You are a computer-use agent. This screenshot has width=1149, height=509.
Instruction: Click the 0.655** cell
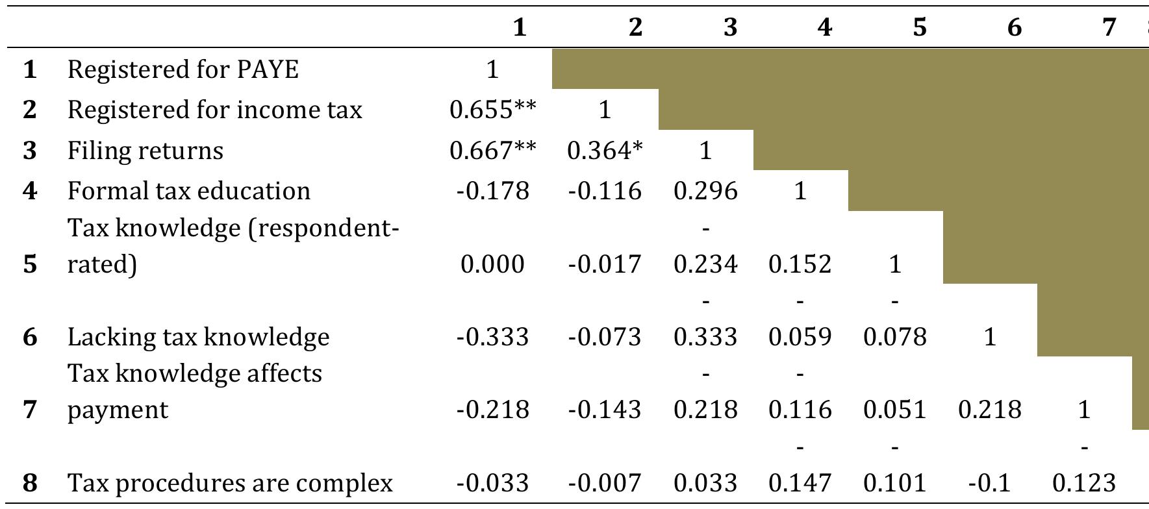493,110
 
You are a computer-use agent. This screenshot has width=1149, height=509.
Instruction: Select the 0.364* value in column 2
605,151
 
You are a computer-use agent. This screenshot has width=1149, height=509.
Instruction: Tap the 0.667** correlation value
493,151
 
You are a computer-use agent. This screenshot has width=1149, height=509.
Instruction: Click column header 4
824,27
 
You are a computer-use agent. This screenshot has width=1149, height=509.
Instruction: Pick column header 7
1109,27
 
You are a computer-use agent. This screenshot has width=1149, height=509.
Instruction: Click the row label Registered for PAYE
183,69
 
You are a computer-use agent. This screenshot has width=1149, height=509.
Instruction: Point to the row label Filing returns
145,151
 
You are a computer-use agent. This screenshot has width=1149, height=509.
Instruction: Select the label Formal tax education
189,191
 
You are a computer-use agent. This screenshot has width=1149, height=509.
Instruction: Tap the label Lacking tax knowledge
198,337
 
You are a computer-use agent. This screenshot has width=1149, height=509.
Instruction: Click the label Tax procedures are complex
230,483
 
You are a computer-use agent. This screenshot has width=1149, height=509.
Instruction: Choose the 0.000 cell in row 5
492,264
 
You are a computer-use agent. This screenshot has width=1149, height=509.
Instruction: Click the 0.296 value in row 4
705,191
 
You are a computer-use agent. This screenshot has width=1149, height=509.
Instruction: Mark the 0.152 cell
800,264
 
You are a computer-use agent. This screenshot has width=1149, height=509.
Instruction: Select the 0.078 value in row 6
894,337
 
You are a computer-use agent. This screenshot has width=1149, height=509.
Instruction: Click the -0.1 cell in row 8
989,483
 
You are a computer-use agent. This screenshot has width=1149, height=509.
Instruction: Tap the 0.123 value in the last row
1083,483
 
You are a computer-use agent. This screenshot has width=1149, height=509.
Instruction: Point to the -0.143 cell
605,410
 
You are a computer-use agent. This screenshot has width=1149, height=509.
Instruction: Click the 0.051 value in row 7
894,410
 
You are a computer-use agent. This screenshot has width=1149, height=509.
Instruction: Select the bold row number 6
30,337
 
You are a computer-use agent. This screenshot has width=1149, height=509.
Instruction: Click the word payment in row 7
118,410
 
